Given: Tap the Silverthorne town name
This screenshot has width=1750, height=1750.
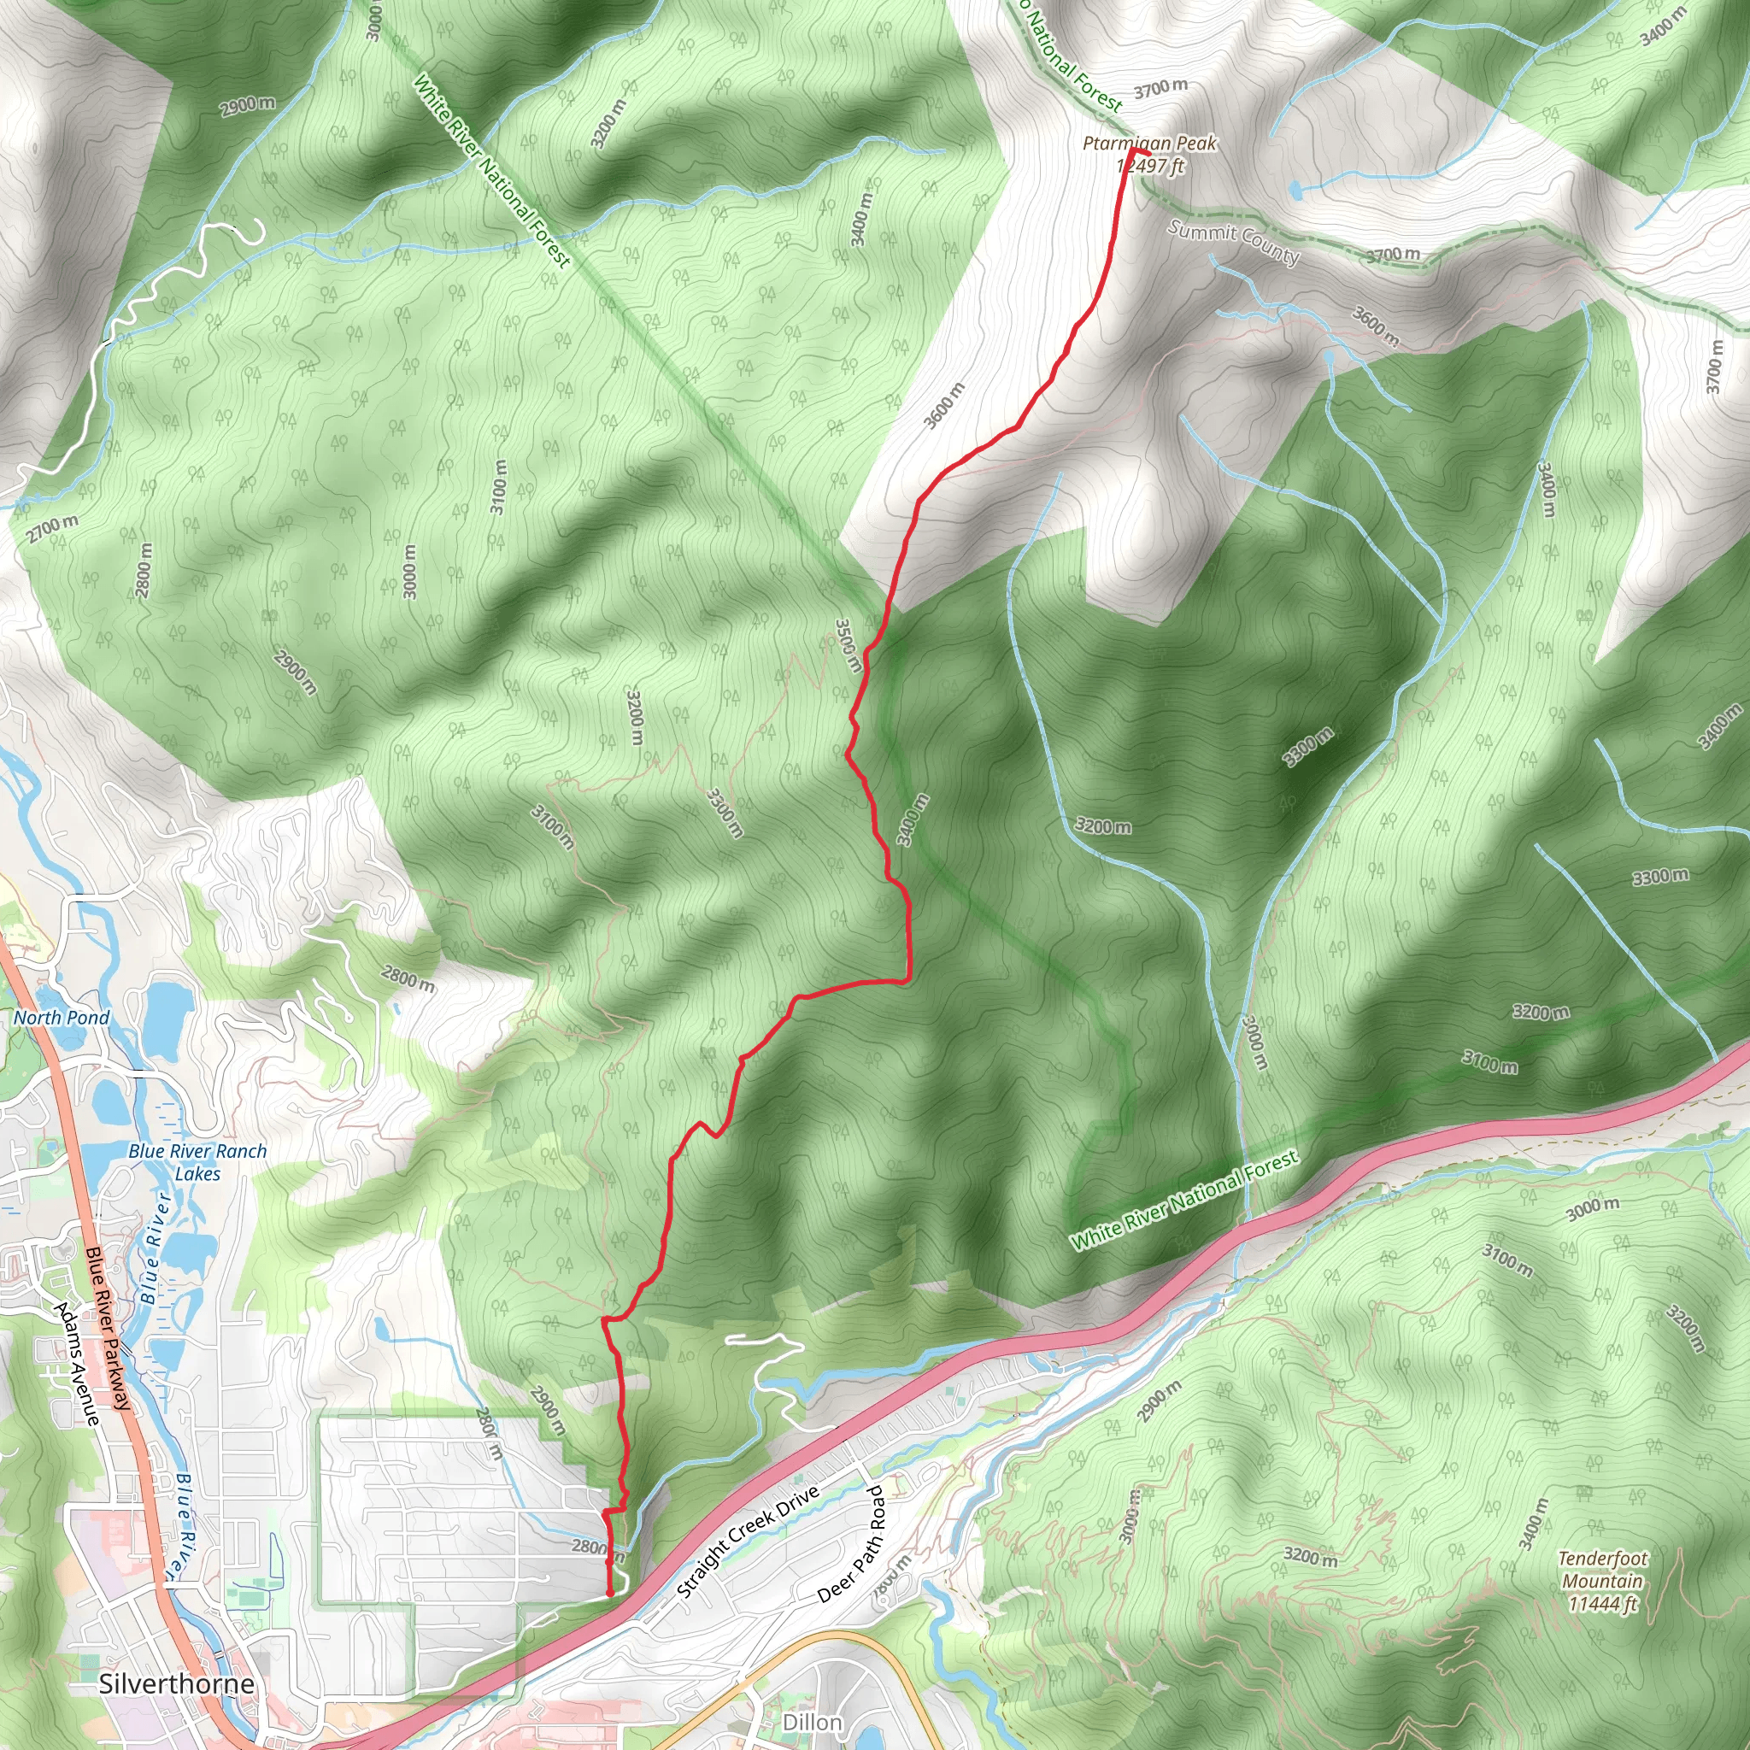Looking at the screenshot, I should click(176, 1683).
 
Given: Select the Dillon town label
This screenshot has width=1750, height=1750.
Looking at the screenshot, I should click(812, 1722).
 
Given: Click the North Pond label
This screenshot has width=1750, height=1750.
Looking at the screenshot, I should click(62, 1017).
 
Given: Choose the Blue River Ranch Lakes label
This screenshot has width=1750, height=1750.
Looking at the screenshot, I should click(197, 1162).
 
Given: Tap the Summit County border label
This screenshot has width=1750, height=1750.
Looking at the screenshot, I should click(1233, 242).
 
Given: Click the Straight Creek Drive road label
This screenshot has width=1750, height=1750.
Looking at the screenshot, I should click(749, 1541).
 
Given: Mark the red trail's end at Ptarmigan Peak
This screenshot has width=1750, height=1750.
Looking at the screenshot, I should click(1133, 150).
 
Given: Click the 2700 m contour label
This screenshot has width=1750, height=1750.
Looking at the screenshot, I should click(51, 528).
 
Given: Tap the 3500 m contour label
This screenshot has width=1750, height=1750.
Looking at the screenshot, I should click(847, 645).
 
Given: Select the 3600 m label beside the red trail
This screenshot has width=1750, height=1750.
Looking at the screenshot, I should click(944, 406).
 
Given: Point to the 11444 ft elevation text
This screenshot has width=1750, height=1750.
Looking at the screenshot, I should click(1602, 1604).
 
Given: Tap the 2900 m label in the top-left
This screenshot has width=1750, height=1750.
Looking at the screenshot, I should click(247, 105).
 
